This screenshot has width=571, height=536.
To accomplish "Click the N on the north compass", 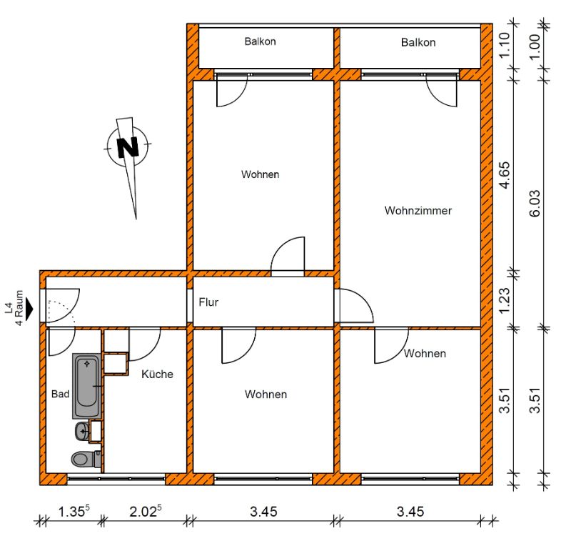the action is [x=128, y=147].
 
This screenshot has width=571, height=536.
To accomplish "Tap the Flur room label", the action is [x=208, y=302].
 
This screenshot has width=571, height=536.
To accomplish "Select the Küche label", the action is [x=157, y=374].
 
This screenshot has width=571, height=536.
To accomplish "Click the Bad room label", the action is [x=60, y=394].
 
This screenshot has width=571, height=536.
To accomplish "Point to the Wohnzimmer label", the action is [x=418, y=210].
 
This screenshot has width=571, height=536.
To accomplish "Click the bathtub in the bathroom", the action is [x=86, y=386].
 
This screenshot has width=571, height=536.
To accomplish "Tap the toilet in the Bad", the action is [x=86, y=459].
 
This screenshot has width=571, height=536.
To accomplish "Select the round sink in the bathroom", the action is [x=82, y=432].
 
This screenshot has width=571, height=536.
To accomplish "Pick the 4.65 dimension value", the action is [x=505, y=175].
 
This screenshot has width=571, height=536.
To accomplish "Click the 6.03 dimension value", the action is [x=535, y=204].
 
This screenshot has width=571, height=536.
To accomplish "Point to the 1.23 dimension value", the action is [x=505, y=300].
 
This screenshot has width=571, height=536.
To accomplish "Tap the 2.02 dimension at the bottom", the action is [x=146, y=511].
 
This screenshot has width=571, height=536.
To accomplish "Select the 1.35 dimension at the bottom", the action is [x=74, y=511].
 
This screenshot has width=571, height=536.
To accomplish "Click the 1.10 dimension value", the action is [x=505, y=45].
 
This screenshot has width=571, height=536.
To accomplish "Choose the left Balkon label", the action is [x=260, y=41].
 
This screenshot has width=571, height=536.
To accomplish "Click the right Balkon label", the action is [x=418, y=42].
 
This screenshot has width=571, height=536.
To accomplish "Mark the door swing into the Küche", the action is [x=145, y=344].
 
